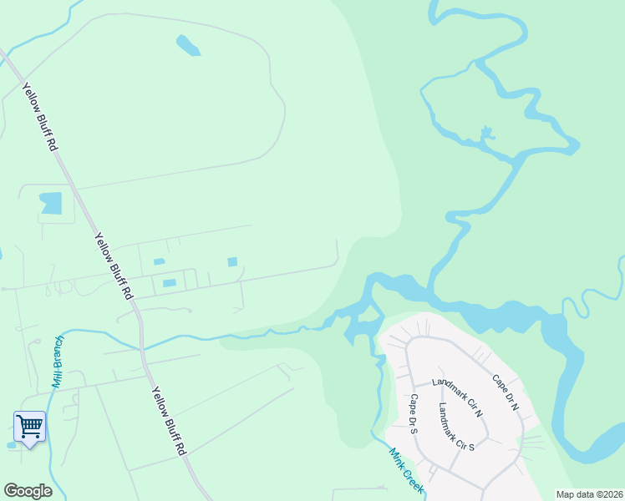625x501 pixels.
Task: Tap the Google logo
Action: tap(28, 491)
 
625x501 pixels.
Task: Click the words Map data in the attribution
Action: tap(576, 494)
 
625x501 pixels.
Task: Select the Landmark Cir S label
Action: tap(456, 427)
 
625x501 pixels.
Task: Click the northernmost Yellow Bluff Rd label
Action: tap(39, 117)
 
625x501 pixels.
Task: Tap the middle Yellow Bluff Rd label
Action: tap(114, 266)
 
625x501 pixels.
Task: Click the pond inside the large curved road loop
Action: tap(188, 45)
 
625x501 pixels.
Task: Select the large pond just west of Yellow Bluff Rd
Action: tap(51, 203)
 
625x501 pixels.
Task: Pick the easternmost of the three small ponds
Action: tap(232, 262)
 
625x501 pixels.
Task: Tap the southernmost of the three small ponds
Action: tap(170, 283)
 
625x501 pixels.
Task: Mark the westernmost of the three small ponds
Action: tap(159, 262)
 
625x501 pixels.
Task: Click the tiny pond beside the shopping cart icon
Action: tap(10, 445)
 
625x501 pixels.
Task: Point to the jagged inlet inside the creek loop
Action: tap(486, 134)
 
